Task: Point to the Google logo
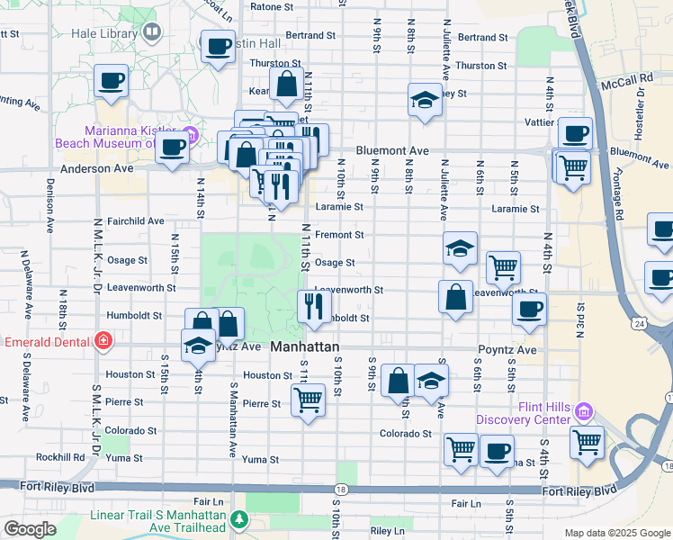coord(30,529)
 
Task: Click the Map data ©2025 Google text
coord(617,533)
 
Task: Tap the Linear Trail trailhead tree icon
coord(239,519)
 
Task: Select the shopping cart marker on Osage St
coord(503,266)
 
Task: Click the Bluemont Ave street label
coord(391,151)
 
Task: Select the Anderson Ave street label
coord(96,168)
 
